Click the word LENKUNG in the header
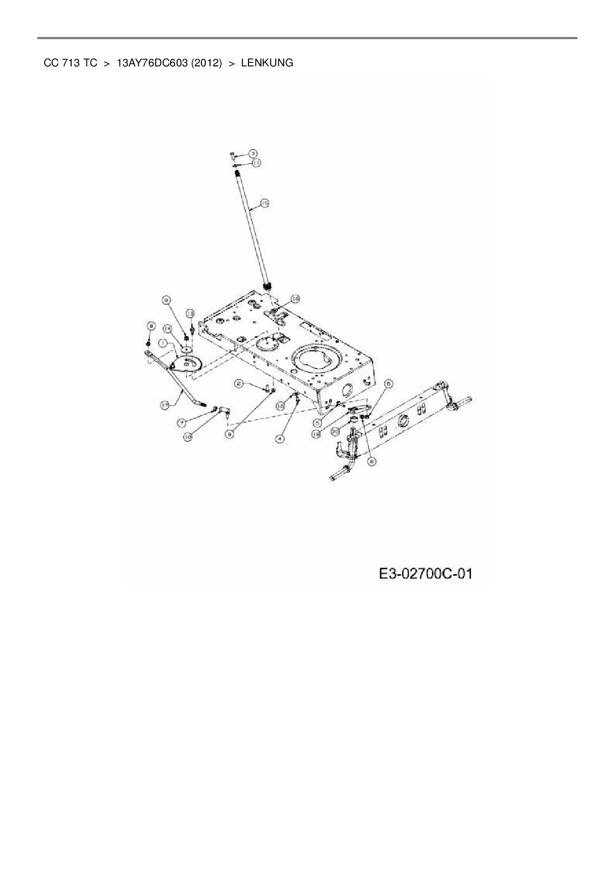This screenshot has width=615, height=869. (267, 63)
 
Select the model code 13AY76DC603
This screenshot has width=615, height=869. (152, 63)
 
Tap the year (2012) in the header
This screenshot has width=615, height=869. (206, 63)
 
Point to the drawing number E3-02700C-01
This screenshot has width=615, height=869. (425, 574)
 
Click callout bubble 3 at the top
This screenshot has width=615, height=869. (252, 154)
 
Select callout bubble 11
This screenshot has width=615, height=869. (256, 163)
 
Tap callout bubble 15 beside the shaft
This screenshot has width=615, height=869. (264, 203)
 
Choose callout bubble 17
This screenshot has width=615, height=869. (165, 405)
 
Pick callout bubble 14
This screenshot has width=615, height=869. (167, 328)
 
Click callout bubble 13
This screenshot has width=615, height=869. (190, 313)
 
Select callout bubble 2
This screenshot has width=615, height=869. (239, 383)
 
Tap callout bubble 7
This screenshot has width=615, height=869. (182, 423)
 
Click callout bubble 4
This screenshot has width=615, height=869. (280, 438)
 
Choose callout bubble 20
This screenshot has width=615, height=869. (335, 432)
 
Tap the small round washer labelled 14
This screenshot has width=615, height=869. (187, 349)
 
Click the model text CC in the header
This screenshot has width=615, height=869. (50, 63)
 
